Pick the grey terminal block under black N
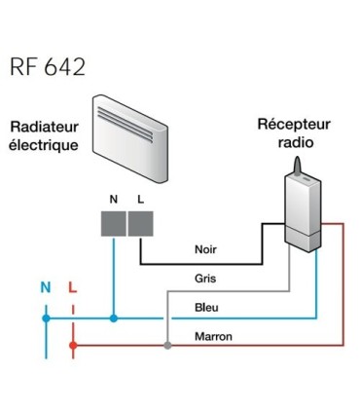[114, 224]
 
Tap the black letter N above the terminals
[114, 198]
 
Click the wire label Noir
[205, 249]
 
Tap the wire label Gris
[204, 278]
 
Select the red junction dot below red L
[73, 345]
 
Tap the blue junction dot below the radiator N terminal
[114, 318]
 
